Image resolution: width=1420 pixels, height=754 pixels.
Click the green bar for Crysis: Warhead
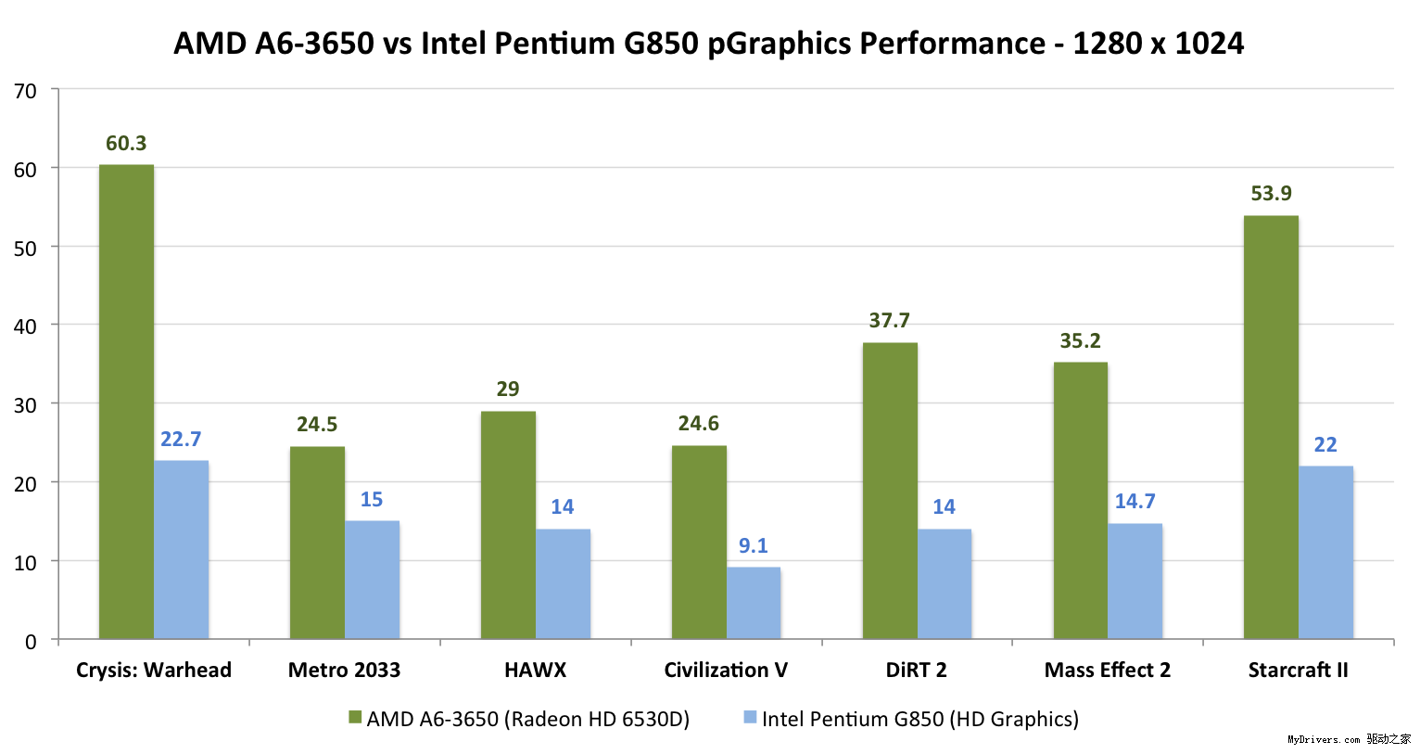pos(126,402)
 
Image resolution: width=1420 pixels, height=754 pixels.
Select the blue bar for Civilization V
pos(754,603)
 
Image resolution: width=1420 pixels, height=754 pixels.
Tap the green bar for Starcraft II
pos(1271,427)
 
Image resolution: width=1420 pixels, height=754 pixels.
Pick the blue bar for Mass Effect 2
pos(1135,581)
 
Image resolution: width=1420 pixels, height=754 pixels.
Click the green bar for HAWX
pos(508,525)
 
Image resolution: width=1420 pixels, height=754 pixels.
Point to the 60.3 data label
pos(126,144)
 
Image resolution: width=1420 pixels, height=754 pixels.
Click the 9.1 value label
pos(754,546)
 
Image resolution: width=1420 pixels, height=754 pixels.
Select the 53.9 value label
pos(1271,194)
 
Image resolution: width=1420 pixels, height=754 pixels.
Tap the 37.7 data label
pos(889,321)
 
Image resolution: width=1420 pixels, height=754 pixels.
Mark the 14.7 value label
pos(1135,502)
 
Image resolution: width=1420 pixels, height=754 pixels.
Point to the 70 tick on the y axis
pos(26,91)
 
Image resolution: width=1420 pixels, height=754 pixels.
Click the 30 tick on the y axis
pos(26,405)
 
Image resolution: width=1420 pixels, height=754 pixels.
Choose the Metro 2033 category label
pos(344,671)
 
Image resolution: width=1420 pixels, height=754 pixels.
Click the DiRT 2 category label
pos(916,671)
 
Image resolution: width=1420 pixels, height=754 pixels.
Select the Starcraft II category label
pos(1298,671)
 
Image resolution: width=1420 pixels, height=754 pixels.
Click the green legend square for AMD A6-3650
pos(355,718)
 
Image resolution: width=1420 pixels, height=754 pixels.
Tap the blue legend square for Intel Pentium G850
pos(750,718)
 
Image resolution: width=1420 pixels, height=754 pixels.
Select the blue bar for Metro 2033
pos(372,580)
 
